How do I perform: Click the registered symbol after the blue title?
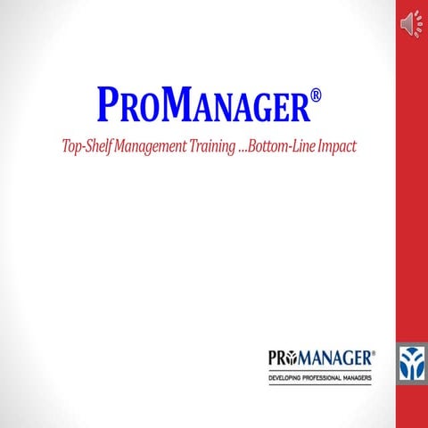(315, 94)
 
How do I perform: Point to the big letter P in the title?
(105, 107)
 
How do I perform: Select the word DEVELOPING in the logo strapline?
(290, 379)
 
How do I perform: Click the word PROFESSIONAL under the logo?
(327, 379)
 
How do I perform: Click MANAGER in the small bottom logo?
(338, 358)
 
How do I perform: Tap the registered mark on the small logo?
(374, 353)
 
